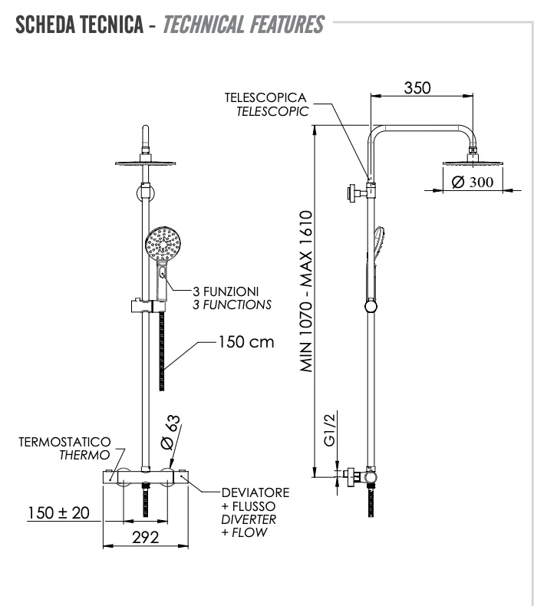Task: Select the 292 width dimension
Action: (x=145, y=538)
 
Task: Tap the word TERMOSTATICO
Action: (x=63, y=442)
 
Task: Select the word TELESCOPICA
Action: (x=265, y=98)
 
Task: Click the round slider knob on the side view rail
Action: (x=371, y=307)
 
